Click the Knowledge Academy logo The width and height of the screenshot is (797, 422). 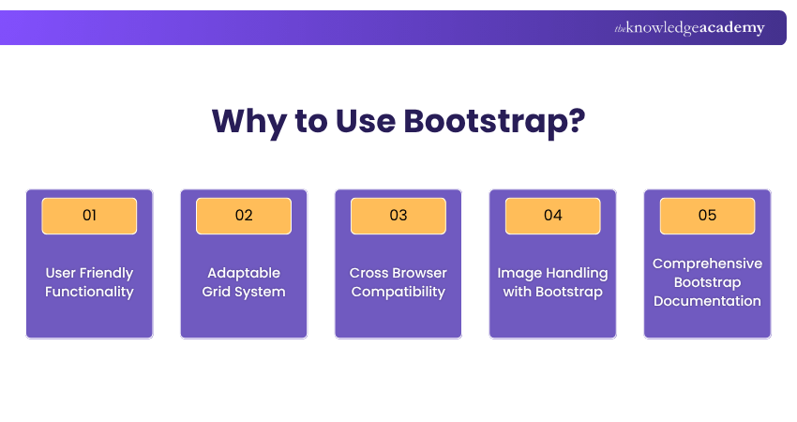coord(689,28)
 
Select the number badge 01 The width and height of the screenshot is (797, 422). coord(89,216)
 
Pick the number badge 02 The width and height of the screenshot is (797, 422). coord(244,216)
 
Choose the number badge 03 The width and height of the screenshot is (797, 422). coord(398,216)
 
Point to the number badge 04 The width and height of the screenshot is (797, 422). coord(553,216)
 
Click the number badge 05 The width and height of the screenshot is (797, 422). coord(707,216)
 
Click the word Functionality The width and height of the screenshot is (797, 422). coord(89,292)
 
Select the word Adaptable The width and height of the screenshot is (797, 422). coord(244,273)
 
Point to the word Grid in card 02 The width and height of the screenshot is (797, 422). coord(217,292)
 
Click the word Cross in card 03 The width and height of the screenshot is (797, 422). coord(368,273)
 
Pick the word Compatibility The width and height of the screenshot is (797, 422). coord(398,292)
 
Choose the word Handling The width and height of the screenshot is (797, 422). coord(575,273)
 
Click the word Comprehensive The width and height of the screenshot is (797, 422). coord(707,264)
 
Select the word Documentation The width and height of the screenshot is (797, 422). coord(707,301)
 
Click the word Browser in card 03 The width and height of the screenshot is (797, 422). coord(419,273)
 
